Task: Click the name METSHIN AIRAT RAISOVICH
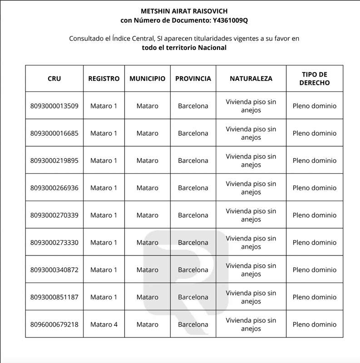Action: (x=184, y=11)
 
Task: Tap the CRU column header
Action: (x=54, y=78)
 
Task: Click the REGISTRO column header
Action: (x=104, y=78)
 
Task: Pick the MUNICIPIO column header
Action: (x=147, y=78)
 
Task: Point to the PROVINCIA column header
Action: (x=193, y=78)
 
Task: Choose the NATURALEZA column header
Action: (x=251, y=78)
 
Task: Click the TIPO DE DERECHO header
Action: (x=315, y=78)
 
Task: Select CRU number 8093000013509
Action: (x=54, y=106)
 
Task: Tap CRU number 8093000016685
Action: (x=54, y=133)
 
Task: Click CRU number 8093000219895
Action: (x=54, y=161)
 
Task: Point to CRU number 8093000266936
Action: (x=54, y=188)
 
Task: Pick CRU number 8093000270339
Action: (x=54, y=215)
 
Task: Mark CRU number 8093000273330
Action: (x=54, y=242)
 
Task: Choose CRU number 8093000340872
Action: (x=54, y=270)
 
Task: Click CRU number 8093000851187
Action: (x=54, y=297)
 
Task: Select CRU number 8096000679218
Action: (x=54, y=324)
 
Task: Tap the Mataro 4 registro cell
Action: (x=104, y=324)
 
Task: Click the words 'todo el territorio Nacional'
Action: (x=184, y=48)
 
